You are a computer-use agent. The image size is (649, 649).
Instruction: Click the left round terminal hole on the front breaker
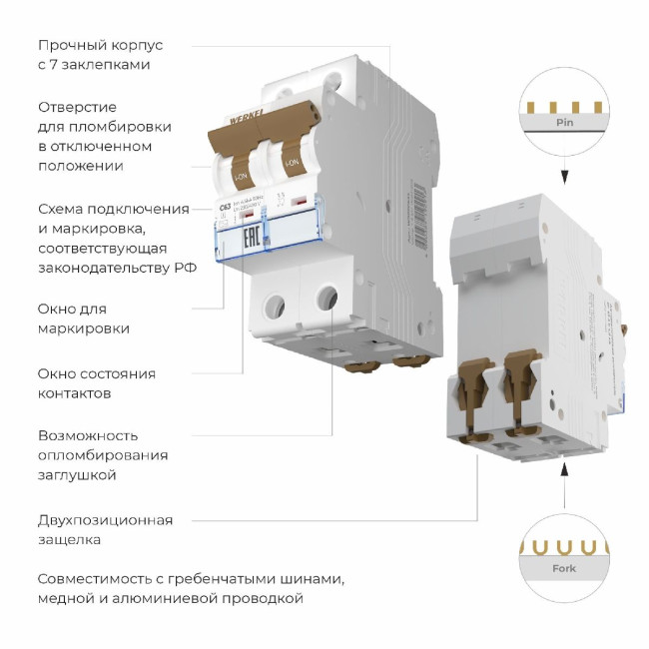[273, 302]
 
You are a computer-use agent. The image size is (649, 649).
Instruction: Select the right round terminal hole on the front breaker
[324, 297]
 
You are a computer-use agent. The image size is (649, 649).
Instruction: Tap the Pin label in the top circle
[564, 122]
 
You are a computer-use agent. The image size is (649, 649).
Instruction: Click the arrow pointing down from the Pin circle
[564, 177]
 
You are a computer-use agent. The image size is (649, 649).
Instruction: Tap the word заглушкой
[77, 475]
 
